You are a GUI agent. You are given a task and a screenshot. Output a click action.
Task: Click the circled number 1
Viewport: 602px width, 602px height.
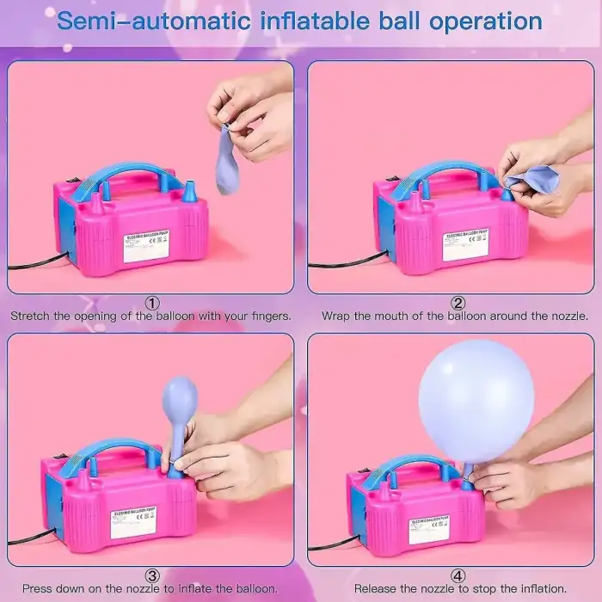(x=151, y=303)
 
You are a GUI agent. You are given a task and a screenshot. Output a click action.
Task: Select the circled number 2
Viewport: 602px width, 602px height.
(x=458, y=303)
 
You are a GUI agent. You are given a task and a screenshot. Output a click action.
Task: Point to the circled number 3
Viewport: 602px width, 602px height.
(x=151, y=576)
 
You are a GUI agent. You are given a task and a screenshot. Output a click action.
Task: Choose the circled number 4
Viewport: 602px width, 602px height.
(x=458, y=576)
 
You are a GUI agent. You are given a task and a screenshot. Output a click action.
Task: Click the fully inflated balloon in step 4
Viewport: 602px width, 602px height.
(x=476, y=400)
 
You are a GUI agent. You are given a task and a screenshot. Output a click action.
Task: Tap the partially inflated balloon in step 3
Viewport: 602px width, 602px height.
(x=179, y=408)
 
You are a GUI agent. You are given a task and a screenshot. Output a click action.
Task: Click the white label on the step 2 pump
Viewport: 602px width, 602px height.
(x=465, y=244)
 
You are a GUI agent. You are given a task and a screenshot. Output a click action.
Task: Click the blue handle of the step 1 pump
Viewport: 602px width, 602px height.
(x=129, y=171)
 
